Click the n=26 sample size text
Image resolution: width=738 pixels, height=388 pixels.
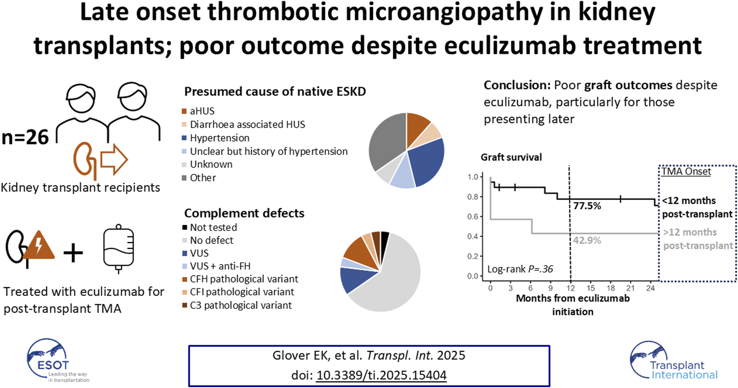click(25, 137)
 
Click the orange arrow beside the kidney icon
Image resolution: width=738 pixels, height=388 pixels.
click(114, 159)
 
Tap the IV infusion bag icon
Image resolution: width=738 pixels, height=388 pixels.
click(118, 249)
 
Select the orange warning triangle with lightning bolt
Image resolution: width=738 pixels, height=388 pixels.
click(39, 247)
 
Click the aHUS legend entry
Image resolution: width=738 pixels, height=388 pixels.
click(202, 111)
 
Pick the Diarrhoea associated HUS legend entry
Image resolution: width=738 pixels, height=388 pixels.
click(247, 125)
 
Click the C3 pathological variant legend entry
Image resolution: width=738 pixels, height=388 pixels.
click(241, 305)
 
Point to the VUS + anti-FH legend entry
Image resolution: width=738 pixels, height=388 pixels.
click(220, 266)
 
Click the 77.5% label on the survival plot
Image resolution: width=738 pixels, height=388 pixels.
click(587, 206)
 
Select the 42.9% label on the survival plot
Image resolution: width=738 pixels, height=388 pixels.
click(587, 240)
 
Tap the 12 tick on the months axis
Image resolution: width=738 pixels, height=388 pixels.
click(570, 288)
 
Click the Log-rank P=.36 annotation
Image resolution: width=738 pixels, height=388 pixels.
click(520, 269)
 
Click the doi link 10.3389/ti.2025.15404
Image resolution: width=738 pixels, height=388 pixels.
click(381, 375)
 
